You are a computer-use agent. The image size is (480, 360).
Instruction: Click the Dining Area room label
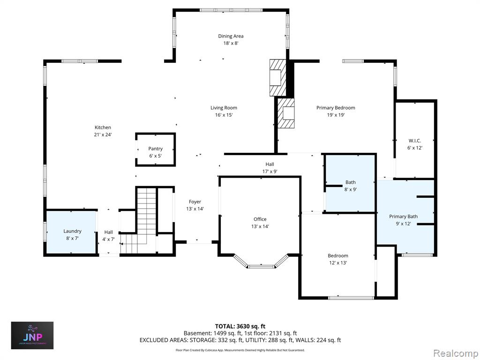point(231,36)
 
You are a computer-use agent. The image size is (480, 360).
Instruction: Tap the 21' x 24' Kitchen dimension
point(103,135)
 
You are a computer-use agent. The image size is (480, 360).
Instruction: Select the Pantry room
point(156,150)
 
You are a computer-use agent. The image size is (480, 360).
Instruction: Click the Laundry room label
point(72,231)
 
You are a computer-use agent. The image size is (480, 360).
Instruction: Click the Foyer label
point(195,202)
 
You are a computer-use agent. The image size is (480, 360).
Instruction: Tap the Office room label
point(260,219)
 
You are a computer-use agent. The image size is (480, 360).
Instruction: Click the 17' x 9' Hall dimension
point(270,172)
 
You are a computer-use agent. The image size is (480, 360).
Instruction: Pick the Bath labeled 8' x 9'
point(350,183)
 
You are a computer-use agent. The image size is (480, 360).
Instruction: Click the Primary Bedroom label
point(336,108)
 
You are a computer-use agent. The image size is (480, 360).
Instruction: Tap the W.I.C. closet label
point(415,141)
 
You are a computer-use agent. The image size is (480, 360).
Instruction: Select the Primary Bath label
point(403,217)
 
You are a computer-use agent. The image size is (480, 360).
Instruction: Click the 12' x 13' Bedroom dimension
point(338,262)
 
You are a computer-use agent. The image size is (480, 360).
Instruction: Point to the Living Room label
point(224,108)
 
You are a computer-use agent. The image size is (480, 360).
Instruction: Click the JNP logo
point(32,336)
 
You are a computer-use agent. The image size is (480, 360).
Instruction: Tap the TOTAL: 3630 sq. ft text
point(238,326)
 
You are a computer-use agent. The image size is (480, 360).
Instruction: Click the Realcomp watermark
point(454,353)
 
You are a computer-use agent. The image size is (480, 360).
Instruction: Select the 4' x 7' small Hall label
point(108,239)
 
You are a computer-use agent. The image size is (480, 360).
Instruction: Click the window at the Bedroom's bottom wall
point(351,298)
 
